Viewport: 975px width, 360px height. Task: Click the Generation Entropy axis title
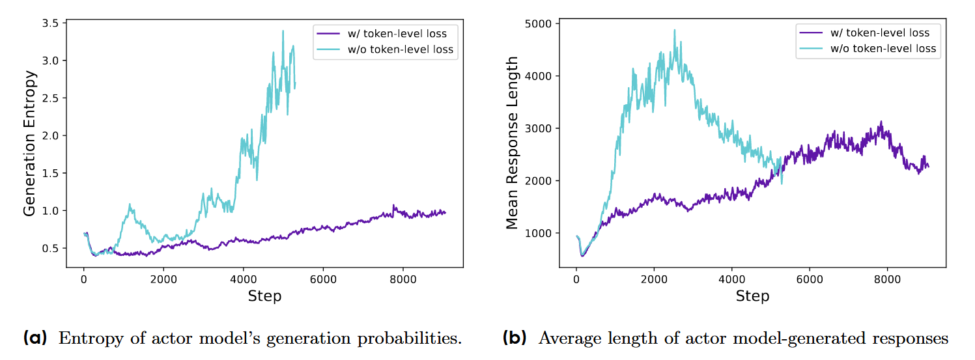click(x=30, y=143)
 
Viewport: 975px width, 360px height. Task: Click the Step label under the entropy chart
click(x=264, y=296)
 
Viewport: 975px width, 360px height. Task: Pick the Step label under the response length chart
click(x=752, y=296)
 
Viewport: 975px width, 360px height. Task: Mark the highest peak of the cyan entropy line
click(x=283, y=31)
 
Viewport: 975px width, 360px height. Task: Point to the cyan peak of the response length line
click(x=674, y=29)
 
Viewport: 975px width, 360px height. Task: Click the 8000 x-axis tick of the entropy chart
click(x=403, y=279)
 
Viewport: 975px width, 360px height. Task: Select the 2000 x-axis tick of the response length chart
click(x=653, y=279)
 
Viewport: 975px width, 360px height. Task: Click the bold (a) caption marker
click(x=35, y=339)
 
